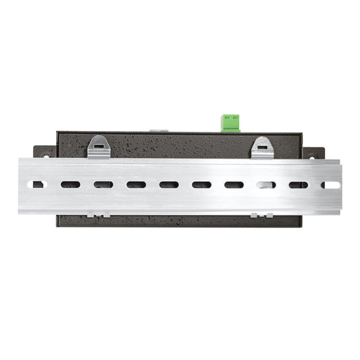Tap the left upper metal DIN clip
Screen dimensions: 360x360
(99, 146)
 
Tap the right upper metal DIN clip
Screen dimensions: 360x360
(263, 147)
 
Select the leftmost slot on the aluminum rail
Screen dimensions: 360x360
(39, 184)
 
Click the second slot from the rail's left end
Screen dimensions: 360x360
(70, 184)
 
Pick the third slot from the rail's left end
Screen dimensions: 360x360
(103, 184)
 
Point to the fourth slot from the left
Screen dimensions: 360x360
(136, 184)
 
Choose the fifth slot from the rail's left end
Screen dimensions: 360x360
(169, 184)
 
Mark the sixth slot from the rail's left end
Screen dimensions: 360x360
(201, 184)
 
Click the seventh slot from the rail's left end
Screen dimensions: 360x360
(234, 184)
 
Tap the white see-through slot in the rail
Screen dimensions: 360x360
(266, 184)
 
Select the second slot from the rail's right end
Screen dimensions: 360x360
(298, 184)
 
